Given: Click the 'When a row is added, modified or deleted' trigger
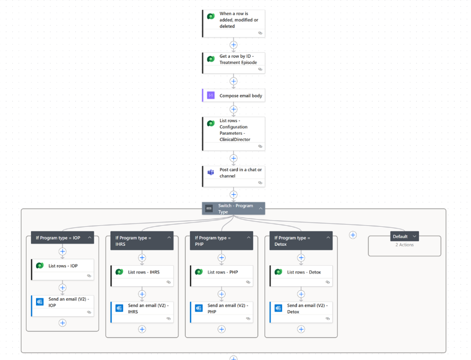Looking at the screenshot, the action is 238,20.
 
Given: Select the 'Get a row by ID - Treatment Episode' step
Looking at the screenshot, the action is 238,59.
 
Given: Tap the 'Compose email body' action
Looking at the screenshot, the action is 240,95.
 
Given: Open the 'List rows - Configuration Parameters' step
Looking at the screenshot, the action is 238,130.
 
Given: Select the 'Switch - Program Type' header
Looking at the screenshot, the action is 233,209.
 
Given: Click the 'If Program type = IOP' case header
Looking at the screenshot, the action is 58,238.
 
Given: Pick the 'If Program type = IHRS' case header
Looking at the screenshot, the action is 137,241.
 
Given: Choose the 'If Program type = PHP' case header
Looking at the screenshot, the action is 217,241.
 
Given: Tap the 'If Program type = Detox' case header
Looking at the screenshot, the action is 296,241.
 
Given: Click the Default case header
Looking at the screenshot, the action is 400,236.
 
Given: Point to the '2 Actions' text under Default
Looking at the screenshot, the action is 405,245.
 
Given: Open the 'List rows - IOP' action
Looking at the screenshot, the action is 63,266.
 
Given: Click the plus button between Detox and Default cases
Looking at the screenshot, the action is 352,235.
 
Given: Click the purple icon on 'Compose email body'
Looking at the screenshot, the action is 211,95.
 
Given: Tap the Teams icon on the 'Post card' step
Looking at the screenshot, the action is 211,173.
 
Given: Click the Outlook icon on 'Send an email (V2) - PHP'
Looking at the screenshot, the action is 199,308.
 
